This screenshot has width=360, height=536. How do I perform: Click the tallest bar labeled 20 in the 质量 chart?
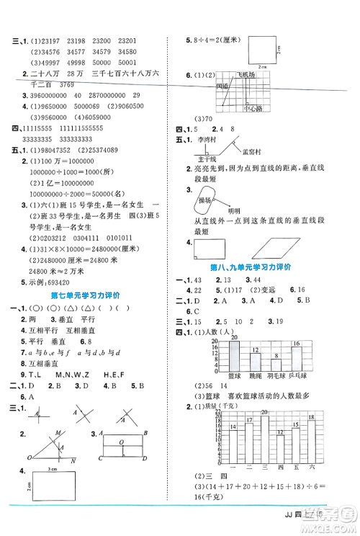coord(265,439)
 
